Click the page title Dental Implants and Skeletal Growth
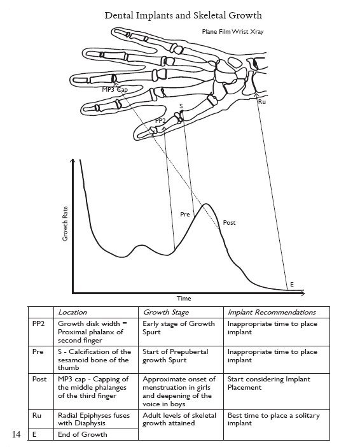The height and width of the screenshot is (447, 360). click(183, 15)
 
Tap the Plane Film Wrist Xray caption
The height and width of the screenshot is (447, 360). click(233, 32)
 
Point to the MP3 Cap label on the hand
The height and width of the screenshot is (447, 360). click(114, 90)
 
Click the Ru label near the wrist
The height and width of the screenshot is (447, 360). click(262, 101)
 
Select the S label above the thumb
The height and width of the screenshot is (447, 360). click(181, 106)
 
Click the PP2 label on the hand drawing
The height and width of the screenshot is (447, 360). click(160, 121)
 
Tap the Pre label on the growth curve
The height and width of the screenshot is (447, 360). click(185, 214)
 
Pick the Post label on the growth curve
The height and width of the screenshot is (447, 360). click(229, 223)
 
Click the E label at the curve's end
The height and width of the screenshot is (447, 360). click(292, 284)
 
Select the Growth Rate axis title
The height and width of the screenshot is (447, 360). click(66, 223)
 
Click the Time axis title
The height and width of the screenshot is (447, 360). click(184, 299)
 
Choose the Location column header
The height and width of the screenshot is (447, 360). click(73, 312)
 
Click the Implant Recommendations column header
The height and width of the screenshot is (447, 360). click(272, 313)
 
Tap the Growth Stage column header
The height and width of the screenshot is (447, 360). click(166, 313)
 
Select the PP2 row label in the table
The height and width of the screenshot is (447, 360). click(38, 323)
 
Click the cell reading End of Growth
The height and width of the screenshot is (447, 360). click(83, 434)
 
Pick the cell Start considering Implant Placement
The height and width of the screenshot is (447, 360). click(269, 383)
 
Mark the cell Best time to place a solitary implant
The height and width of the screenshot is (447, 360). click(273, 419)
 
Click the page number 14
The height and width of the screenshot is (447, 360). click(17, 434)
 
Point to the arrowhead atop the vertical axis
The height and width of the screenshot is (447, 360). click(73, 161)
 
